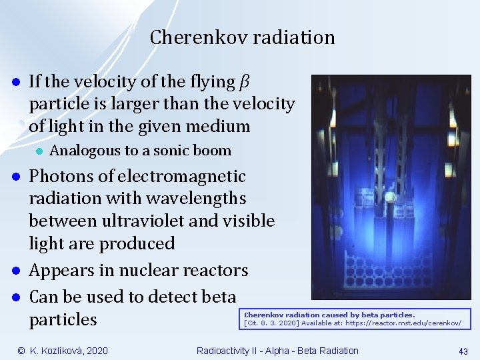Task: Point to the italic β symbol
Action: [244, 82]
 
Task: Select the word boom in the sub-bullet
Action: [213, 151]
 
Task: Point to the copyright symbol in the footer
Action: [21, 351]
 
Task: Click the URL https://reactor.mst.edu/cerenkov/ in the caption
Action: [403, 323]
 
